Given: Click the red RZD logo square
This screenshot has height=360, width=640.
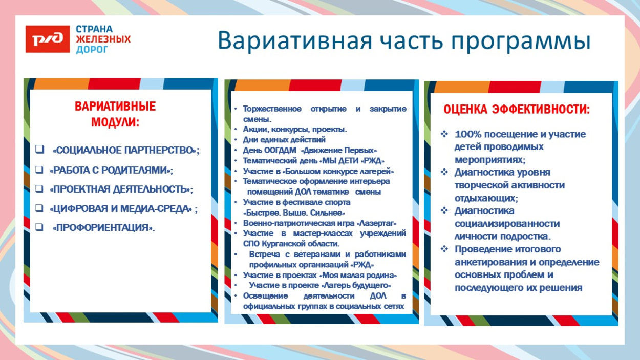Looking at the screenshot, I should [x=48, y=39].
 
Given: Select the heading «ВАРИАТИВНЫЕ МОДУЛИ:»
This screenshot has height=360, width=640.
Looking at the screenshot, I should [x=115, y=115].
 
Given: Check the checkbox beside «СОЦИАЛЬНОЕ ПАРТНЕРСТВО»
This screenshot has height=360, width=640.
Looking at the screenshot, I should [x=39, y=150].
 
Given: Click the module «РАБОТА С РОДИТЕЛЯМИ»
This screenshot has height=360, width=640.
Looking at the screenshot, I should [x=111, y=170].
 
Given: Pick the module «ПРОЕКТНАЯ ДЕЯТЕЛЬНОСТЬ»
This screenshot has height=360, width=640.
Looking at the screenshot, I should [x=121, y=189].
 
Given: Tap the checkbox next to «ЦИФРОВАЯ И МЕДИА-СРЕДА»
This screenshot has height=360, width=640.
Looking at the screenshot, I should [x=39, y=208].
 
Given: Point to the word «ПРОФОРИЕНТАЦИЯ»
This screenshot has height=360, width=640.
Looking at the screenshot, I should [x=103, y=228].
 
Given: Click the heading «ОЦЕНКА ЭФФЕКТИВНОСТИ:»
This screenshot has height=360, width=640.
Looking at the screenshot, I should [x=516, y=110].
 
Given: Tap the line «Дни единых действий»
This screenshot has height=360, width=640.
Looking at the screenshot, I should [x=284, y=140].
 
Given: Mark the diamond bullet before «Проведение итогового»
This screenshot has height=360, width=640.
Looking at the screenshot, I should [x=444, y=249].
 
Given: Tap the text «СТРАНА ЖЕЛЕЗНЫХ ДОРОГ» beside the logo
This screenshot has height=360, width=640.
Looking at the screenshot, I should [x=103, y=39].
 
